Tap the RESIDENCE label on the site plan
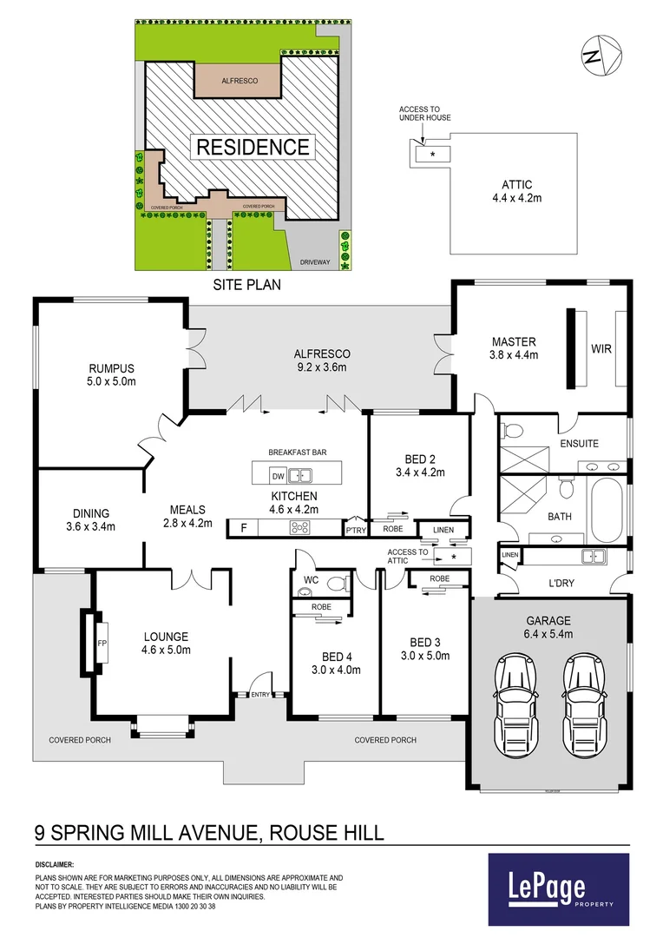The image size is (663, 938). pos(253,147)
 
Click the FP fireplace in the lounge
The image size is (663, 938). pos(100,644)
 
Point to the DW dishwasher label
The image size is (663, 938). pos(278,476)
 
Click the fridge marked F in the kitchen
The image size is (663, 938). pos(243,528)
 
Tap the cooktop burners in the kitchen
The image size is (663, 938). pos(300,528)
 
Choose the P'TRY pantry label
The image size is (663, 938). pos(354,530)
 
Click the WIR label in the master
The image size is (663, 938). pos(601,348)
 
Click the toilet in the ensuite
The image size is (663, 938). pos(511,430)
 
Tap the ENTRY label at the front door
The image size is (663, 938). pos(260,694)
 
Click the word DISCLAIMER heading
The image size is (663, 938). pos(55,865)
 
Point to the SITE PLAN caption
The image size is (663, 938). pos(247,284)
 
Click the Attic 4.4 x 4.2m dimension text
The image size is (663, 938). pos(516,198)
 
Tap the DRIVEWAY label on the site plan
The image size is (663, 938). pos(316,259)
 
